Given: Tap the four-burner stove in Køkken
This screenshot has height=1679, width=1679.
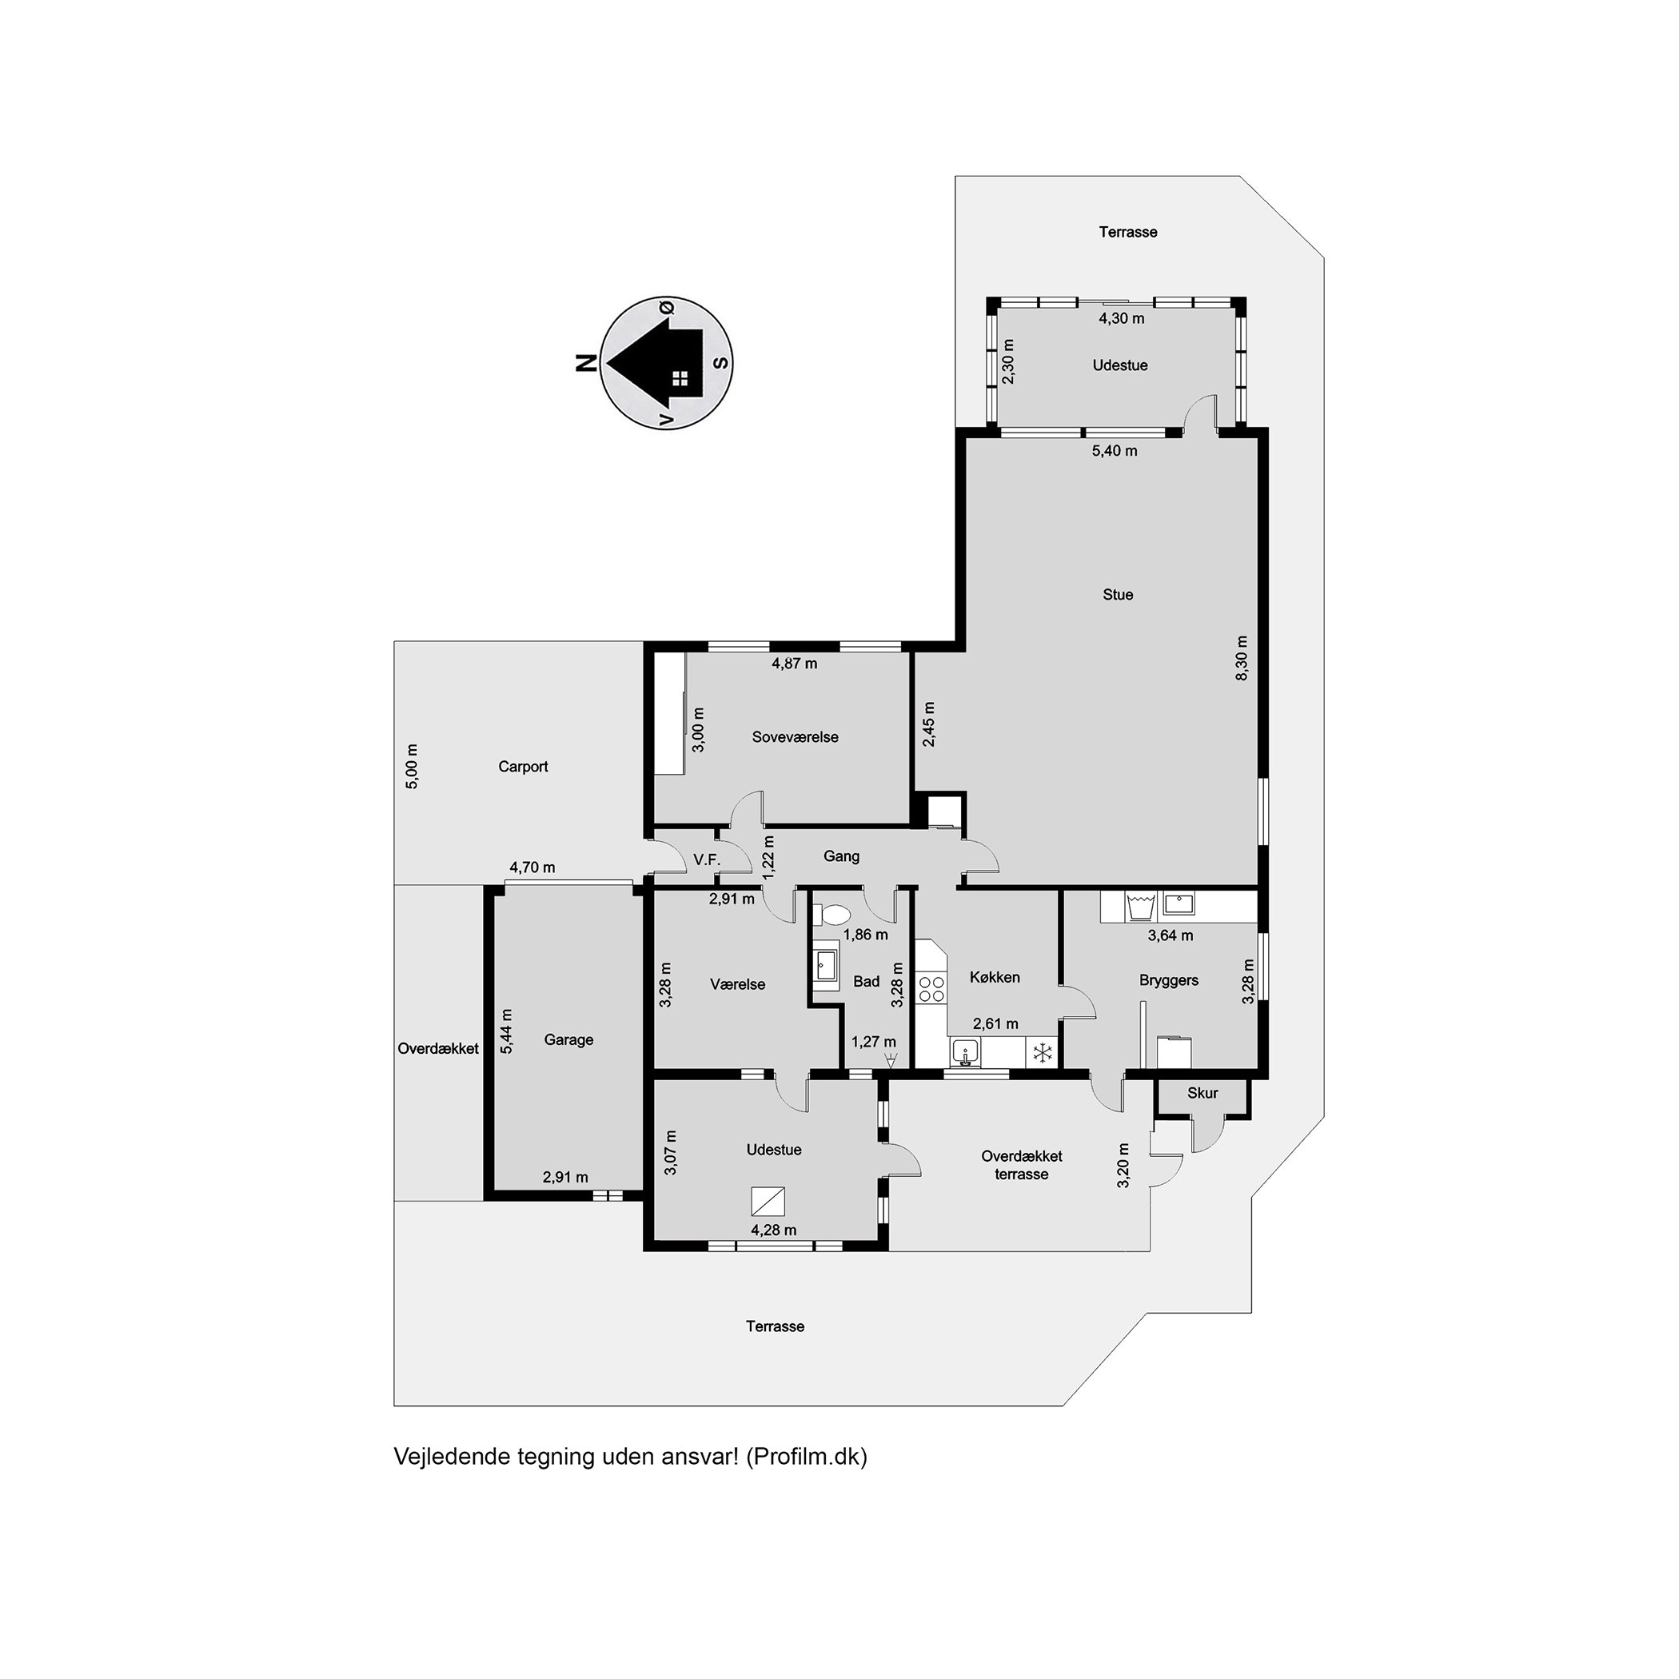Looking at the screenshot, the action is pos(931,988).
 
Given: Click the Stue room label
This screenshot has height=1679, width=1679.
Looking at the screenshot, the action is pos(1118,594).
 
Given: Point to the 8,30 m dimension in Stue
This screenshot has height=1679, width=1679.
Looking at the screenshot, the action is pos(1241,658).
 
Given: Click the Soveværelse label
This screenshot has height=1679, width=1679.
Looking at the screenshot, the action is pos(796,737).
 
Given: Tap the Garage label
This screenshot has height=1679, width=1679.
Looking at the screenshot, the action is pos(568,1039).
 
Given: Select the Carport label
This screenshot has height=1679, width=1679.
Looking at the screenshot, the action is pos(523,767).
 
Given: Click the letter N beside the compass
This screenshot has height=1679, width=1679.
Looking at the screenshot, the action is pos(587,363).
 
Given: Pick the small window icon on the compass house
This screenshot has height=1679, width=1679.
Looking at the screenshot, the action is pos(680,378).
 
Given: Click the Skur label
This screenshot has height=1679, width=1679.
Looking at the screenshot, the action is pos(1202,1093).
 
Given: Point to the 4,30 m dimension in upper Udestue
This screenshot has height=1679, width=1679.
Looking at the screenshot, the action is pos(1121,318).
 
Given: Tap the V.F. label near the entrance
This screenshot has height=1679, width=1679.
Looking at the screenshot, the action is pos(707,859).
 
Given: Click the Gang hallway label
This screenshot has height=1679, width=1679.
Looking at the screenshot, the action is pos(841,856).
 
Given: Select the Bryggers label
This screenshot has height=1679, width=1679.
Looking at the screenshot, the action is pos(1169,980).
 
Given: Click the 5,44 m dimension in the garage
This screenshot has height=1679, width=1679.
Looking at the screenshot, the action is pos(507,1031).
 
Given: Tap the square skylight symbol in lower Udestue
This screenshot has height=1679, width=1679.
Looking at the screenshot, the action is pos(768,1201).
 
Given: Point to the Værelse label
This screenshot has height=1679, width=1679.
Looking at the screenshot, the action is pos(738,985).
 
